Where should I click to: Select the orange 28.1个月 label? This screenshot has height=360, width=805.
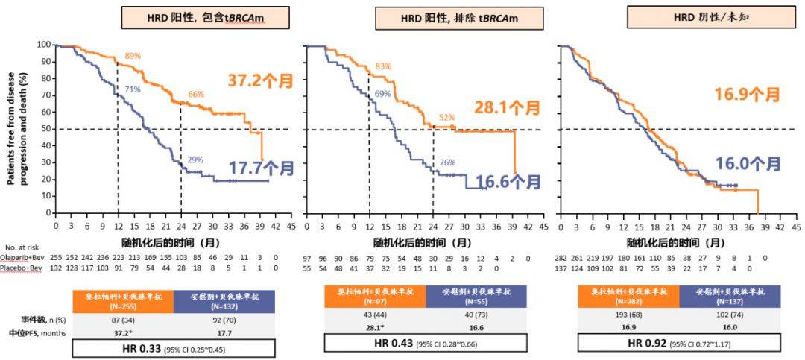[x=507, y=108]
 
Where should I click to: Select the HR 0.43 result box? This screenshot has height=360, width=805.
[x=426, y=343]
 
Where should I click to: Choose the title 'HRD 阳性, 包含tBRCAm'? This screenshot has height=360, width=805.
[x=195, y=17]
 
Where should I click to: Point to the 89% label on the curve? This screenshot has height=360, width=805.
[x=133, y=56]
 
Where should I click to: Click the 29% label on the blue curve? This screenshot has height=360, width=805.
[x=195, y=160]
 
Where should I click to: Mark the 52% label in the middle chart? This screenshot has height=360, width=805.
[x=447, y=117]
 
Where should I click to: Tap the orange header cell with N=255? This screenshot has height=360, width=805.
[x=124, y=300]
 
